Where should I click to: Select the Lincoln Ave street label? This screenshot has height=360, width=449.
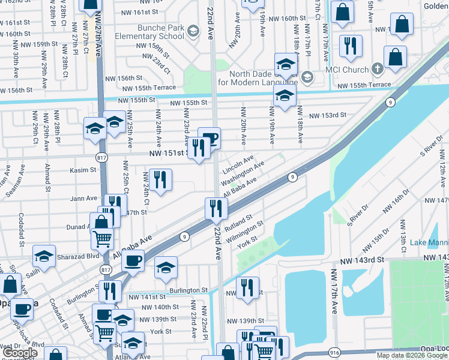(238, 161)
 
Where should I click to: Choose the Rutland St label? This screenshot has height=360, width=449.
(238, 225)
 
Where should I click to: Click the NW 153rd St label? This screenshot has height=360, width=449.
(327, 115)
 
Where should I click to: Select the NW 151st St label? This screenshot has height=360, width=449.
(167, 154)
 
